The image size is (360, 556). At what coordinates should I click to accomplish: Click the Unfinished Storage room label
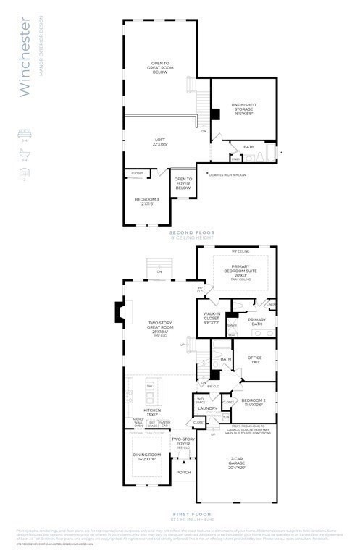click(244, 108)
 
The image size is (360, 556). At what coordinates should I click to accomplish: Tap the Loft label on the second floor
click(159, 142)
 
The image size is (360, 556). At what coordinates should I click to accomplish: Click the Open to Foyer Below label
click(183, 182)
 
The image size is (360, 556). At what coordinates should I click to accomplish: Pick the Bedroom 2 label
click(256, 403)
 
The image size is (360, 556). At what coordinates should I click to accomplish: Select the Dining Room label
click(147, 458)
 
